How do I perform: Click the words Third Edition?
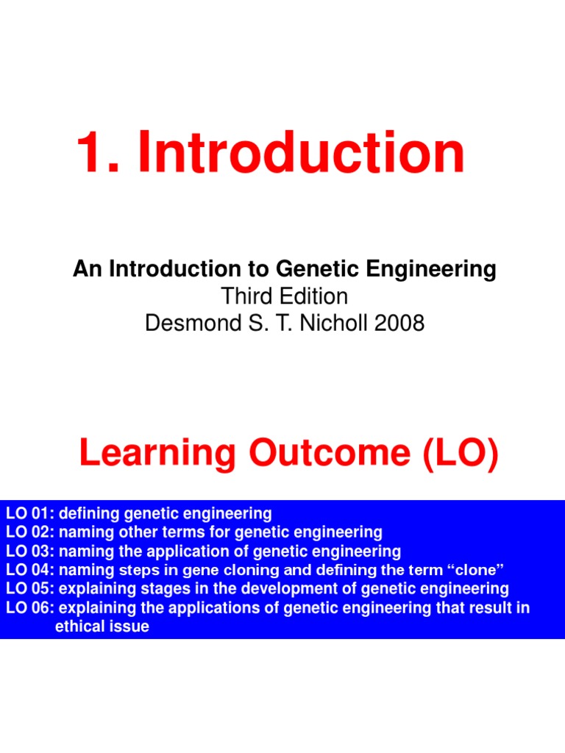(x=285, y=296)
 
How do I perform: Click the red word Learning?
(x=158, y=454)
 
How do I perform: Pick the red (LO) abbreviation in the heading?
(x=458, y=454)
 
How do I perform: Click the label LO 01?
(x=29, y=513)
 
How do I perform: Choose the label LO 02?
(x=29, y=532)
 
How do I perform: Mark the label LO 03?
(x=29, y=551)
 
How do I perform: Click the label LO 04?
(x=29, y=570)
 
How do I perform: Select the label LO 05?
(x=29, y=589)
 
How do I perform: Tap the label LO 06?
(x=29, y=608)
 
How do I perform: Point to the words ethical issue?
(x=102, y=627)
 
